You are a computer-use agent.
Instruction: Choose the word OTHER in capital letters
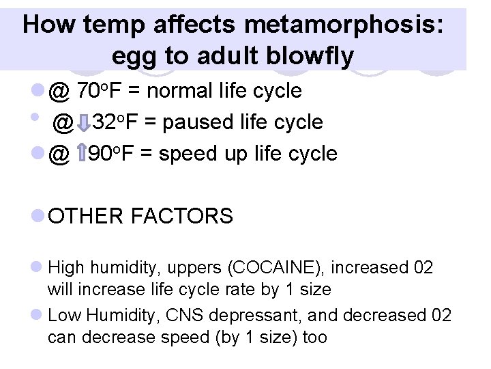pyautogui.click(x=87, y=217)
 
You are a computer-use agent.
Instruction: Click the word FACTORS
pyautogui.click(x=182, y=217)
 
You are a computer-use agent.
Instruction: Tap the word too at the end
pyautogui.click(x=314, y=337)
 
